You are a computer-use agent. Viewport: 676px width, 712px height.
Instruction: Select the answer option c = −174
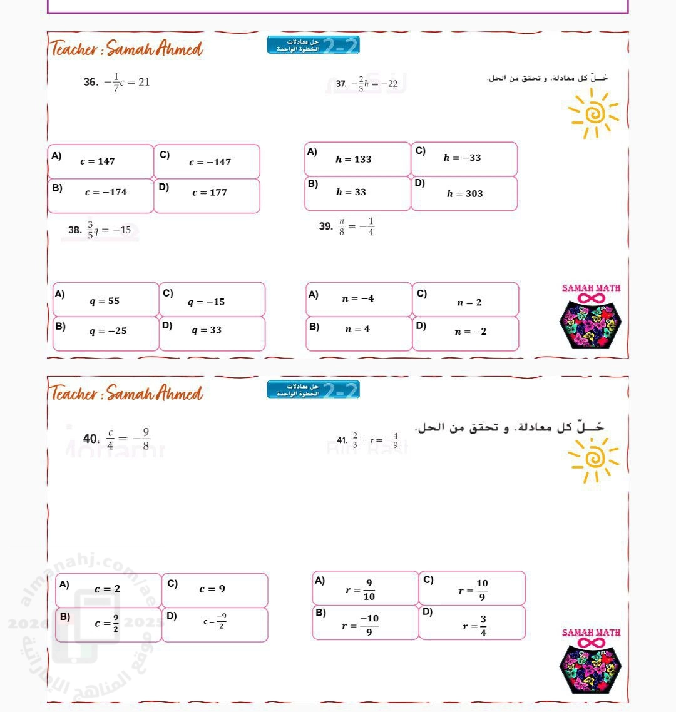(x=106, y=193)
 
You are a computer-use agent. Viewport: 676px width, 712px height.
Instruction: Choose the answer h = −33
(x=463, y=158)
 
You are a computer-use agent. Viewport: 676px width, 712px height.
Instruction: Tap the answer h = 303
(x=464, y=194)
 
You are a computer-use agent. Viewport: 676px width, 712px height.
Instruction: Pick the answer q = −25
(x=108, y=331)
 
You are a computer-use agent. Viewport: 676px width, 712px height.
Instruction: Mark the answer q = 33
(x=207, y=330)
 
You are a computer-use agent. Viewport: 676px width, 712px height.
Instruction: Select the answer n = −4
(x=358, y=299)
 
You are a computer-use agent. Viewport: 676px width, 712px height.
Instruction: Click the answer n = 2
(x=469, y=303)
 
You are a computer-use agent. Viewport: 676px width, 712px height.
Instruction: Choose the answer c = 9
(x=212, y=589)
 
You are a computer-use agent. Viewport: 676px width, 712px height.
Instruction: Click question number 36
(x=90, y=83)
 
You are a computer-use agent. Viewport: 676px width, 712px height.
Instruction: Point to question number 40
(x=91, y=439)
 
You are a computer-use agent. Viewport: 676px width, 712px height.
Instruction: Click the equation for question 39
(x=356, y=227)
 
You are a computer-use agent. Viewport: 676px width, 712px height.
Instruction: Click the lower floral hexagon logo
(x=591, y=668)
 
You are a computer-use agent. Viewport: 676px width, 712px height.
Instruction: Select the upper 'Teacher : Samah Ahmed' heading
(x=127, y=48)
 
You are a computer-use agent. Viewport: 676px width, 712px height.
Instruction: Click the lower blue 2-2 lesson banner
(x=313, y=390)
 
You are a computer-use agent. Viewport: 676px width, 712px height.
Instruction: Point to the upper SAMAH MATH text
(x=591, y=288)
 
